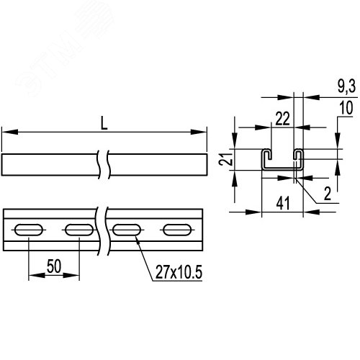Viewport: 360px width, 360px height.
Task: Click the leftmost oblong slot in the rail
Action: click(x=29, y=230)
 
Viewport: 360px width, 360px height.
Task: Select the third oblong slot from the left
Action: click(x=126, y=230)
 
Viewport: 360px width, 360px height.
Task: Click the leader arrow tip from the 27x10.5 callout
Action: click(x=134, y=238)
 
